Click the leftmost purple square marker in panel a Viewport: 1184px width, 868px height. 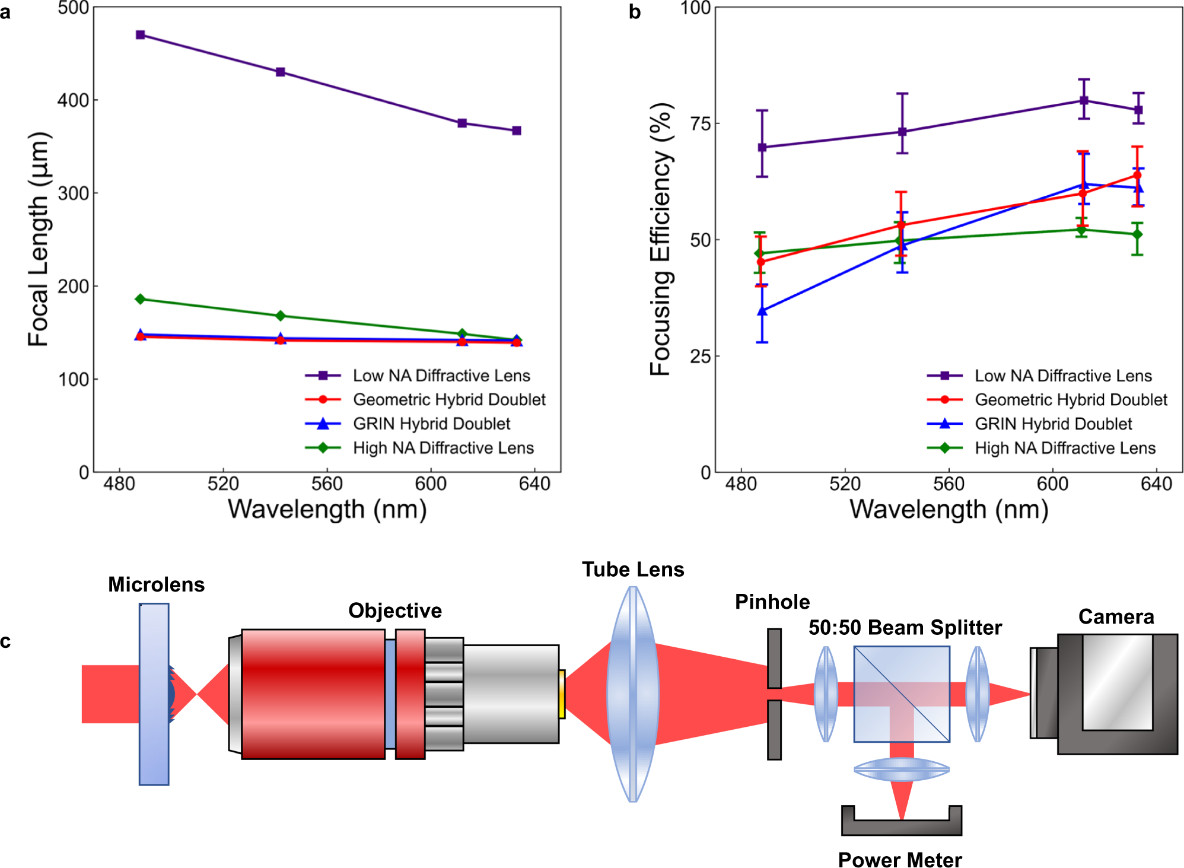[x=141, y=35]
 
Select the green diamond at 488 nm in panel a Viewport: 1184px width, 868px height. [x=141, y=299]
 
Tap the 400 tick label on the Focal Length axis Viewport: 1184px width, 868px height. [x=73, y=100]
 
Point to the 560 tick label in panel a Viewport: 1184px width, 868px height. [x=327, y=484]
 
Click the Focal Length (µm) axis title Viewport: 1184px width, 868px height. [x=39, y=239]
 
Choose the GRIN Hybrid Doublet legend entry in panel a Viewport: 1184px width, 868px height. [x=431, y=424]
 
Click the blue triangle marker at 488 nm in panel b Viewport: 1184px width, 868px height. [x=762, y=311]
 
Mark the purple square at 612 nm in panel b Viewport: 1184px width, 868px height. [x=1084, y=100]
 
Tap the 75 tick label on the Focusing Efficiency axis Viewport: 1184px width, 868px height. [x=701, y=124]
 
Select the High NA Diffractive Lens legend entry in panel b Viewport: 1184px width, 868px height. [x=1065, y=448]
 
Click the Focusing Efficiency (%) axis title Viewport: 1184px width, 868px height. [x=660, y=239]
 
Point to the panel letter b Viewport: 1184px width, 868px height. [x=635, y=12]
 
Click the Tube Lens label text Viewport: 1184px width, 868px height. [x=632, y=570]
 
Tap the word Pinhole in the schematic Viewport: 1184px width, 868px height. [x=772, y=602]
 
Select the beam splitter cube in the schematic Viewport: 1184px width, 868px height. [x=901, y=694]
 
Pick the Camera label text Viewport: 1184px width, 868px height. [x=1116, y=617]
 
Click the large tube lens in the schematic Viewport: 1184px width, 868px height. [x=633, y=694]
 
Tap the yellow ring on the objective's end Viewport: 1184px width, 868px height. [x=562, y=694]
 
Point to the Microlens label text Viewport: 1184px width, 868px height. [x=156, y=585]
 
